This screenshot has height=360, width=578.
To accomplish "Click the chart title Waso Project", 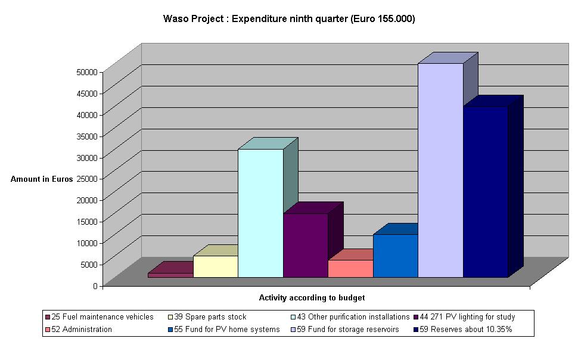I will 289,19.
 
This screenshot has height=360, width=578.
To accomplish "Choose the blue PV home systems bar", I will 395,256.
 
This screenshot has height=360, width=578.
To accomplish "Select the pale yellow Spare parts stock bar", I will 216,266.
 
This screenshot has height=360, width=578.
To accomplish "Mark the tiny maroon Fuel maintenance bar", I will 170,275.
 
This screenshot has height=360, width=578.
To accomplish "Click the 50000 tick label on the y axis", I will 86,72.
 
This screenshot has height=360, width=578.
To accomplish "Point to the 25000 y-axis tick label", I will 86,178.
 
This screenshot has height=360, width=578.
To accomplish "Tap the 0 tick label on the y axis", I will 94,285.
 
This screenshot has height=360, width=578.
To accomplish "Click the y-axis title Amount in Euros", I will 42,179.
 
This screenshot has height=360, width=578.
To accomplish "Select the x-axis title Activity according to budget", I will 312,297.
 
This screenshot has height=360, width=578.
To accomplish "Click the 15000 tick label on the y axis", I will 86,221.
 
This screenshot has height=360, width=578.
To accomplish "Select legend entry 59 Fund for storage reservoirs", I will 348,330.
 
